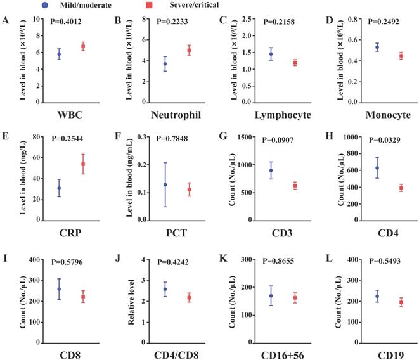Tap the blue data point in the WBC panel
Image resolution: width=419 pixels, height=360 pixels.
[59, 55]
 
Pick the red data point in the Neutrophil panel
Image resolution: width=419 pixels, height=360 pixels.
[188, 50]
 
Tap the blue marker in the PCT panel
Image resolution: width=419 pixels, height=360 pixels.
[165, 184]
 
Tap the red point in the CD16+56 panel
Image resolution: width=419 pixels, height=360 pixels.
[293, 297]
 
